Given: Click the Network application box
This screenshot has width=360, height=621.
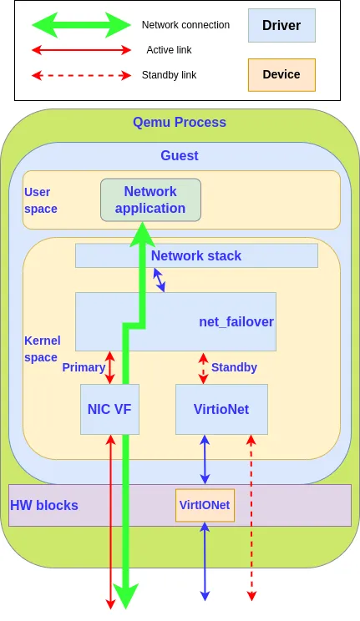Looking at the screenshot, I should pyautogui.click(x=150, y=199).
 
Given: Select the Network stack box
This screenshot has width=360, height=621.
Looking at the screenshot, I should pyautogui.click(x=196, y=255).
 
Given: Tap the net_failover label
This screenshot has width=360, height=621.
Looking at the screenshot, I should pyautogui.click(x=236, y=321).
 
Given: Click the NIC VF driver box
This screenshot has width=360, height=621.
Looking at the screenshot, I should pyautogui.click(x=109, y=409).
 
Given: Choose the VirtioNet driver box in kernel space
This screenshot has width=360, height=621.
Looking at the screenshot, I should pyautogui.click(x=221, y=409).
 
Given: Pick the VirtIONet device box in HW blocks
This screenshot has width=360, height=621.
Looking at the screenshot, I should pyautogui.click(x=205, y=505).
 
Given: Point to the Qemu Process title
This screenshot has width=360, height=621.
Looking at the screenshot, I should pyautogui.click(x=180, y=122).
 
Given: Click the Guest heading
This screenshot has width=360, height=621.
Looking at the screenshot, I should pyautogui.click(x=180, y=155).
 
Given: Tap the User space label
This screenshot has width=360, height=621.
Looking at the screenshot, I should pyautogui.click(x=40, y=200).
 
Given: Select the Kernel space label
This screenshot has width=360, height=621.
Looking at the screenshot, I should pyautogui.click(x=40, y=349).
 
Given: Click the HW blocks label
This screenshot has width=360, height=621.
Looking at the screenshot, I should pyautogui.click(x=44, y=505).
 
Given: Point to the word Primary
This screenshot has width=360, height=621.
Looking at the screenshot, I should pyautogui.click(x=84, y=367).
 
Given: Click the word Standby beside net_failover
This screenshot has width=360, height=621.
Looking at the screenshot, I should pyautogui.click(x=234, y=367).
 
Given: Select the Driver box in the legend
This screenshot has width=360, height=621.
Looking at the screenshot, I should pyautogui.click(x=281, y=26).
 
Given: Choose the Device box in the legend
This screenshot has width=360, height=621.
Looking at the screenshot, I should pyautogui.click(x=281, y=74).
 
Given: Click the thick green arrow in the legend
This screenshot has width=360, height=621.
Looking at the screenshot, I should pyautogui.click(x=81, y=25).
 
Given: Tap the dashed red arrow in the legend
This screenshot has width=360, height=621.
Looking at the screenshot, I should pyautogui.click(x=81, y=75).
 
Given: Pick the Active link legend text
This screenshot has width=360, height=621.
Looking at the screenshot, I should pyautogui.click(x=169, y=50).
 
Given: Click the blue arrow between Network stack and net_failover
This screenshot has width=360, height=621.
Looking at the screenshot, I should pyautogui.click(x=159, y=280).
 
